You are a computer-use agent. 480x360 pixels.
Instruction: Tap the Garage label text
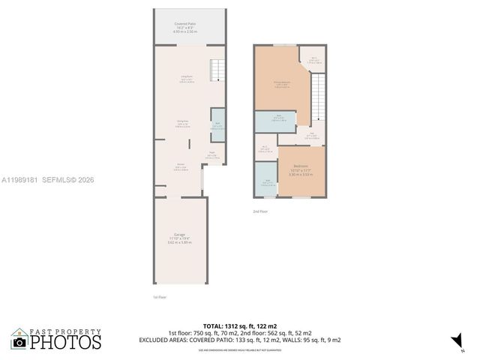[x=180, y=238]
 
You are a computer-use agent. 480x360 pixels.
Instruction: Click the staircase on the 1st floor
[x=217, y=70]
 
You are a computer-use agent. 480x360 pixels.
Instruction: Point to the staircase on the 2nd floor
[x=319, y=97]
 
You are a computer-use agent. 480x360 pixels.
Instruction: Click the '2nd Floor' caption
[x=260, y=212]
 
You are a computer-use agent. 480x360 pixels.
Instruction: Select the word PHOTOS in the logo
[x=66, y=343]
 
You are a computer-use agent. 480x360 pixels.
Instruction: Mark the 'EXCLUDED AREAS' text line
[x=240, y=340]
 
